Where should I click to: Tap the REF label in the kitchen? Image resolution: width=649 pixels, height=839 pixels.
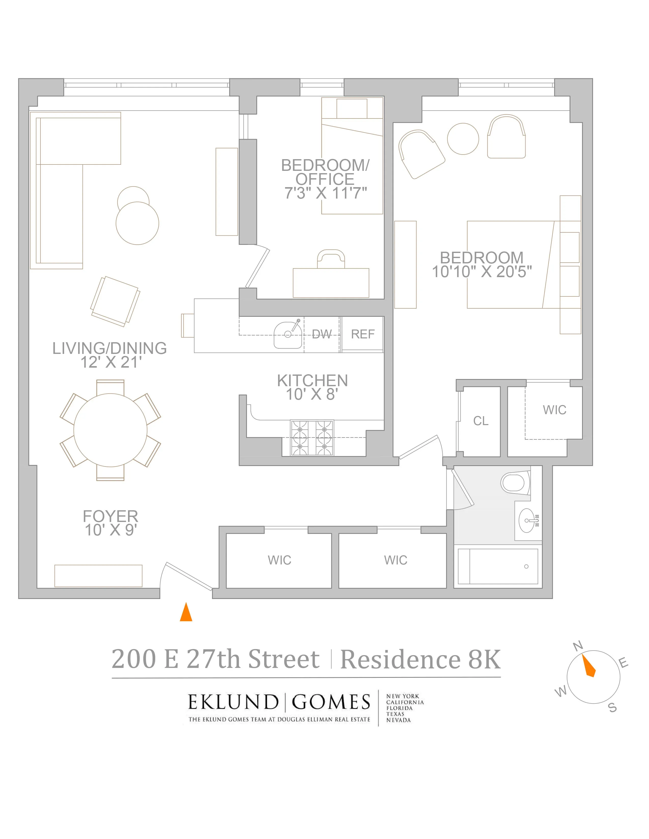point(363,334)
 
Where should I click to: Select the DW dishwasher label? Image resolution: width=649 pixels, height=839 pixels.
point(321,334)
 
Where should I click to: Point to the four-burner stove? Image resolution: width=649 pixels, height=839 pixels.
point(312,438)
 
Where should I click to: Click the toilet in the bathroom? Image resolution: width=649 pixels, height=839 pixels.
point(514,483)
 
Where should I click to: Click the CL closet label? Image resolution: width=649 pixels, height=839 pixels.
point(481,421)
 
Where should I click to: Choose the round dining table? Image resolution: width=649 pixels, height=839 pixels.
point(110,430)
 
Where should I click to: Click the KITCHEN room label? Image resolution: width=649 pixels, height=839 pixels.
point(312,381)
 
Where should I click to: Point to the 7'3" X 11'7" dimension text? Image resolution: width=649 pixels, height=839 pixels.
point(325,193)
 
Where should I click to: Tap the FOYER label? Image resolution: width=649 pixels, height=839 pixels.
point(110,516)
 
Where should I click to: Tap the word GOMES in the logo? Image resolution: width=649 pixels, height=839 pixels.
point(331,703)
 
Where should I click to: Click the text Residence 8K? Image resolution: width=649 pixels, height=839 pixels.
point(420,660)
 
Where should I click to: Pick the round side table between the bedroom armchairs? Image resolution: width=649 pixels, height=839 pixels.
point(463,139)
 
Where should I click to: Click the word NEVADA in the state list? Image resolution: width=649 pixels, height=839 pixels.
point(398,720)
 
